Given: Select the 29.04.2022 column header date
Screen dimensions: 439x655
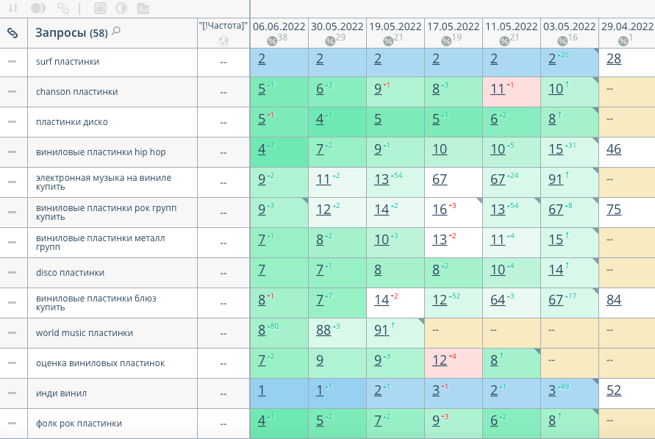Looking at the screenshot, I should [x=627, y=26].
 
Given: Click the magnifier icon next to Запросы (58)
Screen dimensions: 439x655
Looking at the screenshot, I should [x=116, y=32].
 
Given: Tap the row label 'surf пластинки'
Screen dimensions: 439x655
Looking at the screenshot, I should [x=68, y=62].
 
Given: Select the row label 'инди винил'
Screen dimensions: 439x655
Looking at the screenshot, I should [x=61, y=393].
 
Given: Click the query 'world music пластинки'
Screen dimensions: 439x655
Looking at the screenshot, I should [x=85, y=333].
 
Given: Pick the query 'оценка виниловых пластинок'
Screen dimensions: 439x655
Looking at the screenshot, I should [x=100, y=363].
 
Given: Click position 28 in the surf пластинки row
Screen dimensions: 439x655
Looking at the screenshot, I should [x=614, y=59].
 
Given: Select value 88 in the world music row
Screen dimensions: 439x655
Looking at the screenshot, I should [x=323, y=330].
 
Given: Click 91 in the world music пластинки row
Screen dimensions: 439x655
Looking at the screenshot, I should [x=382, y=330].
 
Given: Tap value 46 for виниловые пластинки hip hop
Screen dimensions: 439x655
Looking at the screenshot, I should [x=614, y=149].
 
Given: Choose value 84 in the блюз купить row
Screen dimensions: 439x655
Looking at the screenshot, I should [x=614, y=300].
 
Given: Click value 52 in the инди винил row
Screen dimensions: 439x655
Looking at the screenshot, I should [x=614, y=390].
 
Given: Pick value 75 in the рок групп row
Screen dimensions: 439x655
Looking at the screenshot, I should [x=614, y=210].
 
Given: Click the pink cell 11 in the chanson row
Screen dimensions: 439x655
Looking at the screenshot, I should [x=498, y=89].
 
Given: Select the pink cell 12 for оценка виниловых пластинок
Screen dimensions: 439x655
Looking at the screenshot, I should [x=440, y=360].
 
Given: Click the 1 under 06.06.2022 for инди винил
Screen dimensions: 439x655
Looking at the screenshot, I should [x=262, y=390].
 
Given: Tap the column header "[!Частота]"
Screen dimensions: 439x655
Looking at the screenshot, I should [x=223, y=26].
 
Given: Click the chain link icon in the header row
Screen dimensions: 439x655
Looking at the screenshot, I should [x=12, y=33].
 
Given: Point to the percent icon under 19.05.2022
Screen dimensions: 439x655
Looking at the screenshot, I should [x=387, y=40].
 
